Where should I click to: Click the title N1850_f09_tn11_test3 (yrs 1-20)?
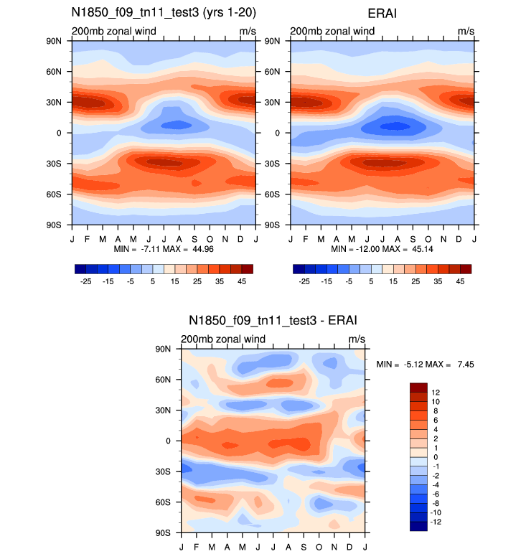point(163,13)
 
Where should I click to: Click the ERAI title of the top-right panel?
point(382,13)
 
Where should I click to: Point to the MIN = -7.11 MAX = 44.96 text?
point(163,248)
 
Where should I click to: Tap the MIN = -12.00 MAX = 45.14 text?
point(382,248)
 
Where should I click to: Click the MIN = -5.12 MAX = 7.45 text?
point(425,365)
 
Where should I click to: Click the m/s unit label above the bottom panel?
point(357,339)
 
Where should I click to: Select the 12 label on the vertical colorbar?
point(436,392)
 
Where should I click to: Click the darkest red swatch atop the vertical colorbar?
point(418,388)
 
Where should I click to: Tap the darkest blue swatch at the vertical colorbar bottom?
point(418,526)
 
